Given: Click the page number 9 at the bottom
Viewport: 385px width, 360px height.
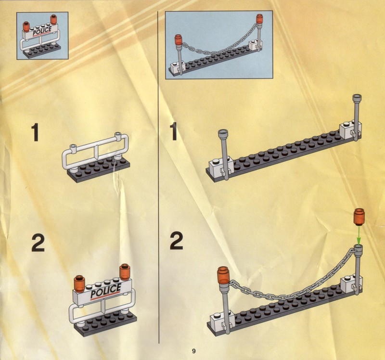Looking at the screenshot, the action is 194,351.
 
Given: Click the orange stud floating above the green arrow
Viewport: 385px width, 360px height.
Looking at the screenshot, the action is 359,217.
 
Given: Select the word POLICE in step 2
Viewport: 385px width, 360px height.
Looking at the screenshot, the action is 106,291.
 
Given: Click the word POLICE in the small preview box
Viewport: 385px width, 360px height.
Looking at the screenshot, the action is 42,31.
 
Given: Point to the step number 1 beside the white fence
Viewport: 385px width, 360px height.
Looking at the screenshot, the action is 35,132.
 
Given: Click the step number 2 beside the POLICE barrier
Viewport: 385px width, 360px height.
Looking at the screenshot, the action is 38,243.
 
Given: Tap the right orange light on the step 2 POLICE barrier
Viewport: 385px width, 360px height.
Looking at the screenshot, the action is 125,272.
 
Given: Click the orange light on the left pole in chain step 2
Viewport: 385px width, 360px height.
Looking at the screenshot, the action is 223,275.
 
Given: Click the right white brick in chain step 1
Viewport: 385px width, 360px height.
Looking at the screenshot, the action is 350,131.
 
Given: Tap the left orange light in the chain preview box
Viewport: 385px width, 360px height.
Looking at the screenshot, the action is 178,40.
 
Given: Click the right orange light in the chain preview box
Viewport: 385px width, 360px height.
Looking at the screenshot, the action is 259,19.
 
